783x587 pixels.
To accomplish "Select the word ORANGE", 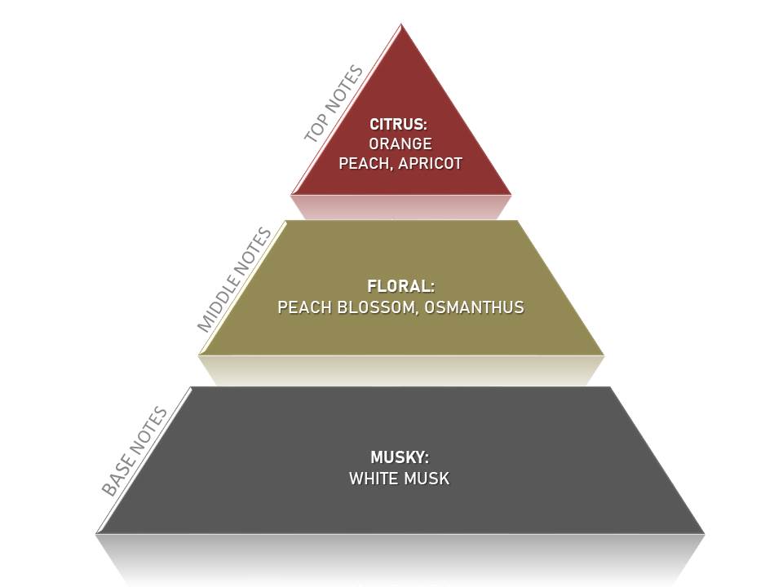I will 400,144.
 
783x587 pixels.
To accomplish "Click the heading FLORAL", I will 400,287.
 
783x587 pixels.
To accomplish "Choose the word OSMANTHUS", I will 475,307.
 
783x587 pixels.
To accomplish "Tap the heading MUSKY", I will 399,458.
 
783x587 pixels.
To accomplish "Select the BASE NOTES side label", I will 135,451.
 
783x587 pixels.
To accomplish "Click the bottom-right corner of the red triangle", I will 511,194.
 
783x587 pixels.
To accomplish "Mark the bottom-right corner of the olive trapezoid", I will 604,355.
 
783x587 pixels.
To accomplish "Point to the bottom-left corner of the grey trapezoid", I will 97,533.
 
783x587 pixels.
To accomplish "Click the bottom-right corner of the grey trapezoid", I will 704,533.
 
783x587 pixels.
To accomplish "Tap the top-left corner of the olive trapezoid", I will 286,221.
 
